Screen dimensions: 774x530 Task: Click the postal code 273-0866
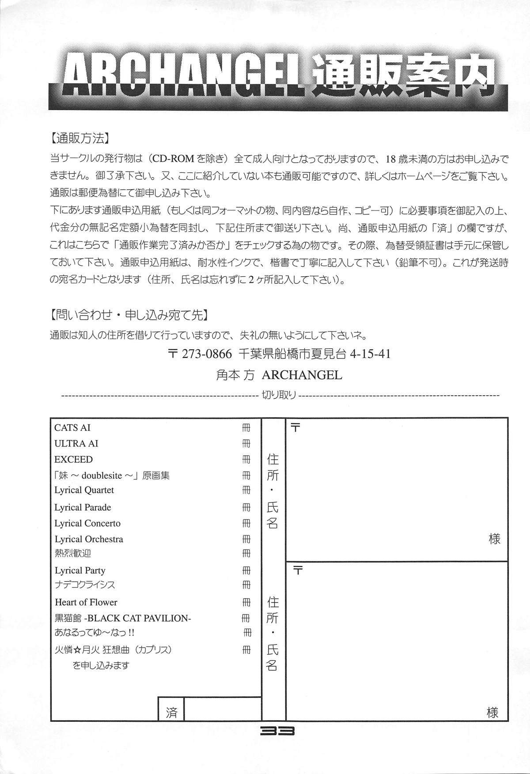point(207,354)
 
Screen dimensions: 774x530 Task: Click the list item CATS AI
point(72,427)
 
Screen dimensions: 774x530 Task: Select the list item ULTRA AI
point(76,443)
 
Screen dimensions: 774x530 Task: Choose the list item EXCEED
point(73,459)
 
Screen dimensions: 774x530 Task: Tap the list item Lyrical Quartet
point(84,490)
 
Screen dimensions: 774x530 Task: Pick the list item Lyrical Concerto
point(87,523)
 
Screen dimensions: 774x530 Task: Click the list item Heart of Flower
point(86,602)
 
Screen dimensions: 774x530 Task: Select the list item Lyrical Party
point(80,571)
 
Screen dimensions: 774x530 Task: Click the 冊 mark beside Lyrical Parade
point(246,507)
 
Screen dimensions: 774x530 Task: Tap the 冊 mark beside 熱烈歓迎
point(246,553)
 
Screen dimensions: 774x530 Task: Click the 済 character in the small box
point(172,713)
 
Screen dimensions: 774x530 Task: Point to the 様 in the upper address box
point(494,539)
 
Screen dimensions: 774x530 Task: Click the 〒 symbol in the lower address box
point(298,571)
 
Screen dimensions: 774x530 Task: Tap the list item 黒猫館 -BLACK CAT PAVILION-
point(123,618)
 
